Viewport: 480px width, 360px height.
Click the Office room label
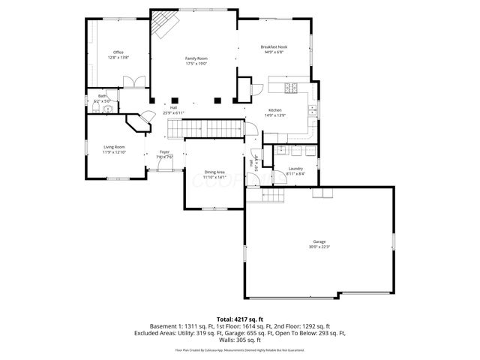[118, 52]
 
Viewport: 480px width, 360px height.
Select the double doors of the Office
[133, 82]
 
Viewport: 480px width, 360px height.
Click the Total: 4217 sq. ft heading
[240, 319]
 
